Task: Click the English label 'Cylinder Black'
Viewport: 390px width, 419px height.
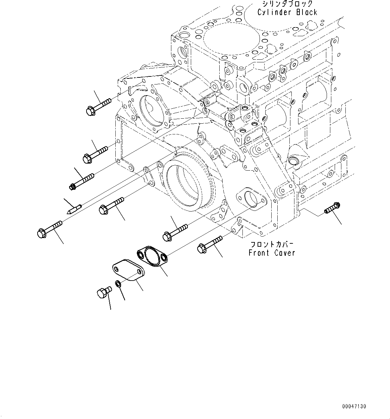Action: [x=287, y=12]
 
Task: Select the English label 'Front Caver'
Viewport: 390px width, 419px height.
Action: [x=272, y=253]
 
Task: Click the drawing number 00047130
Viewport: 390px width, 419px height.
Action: [x=354, y=407]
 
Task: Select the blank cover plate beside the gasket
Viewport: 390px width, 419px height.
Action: [x=128, y=270]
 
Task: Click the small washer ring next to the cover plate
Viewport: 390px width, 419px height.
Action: [x=118, y=284]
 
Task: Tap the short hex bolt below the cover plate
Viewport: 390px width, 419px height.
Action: [x=104, y=293]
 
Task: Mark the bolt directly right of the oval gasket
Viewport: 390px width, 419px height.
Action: [x=210, y=244]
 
